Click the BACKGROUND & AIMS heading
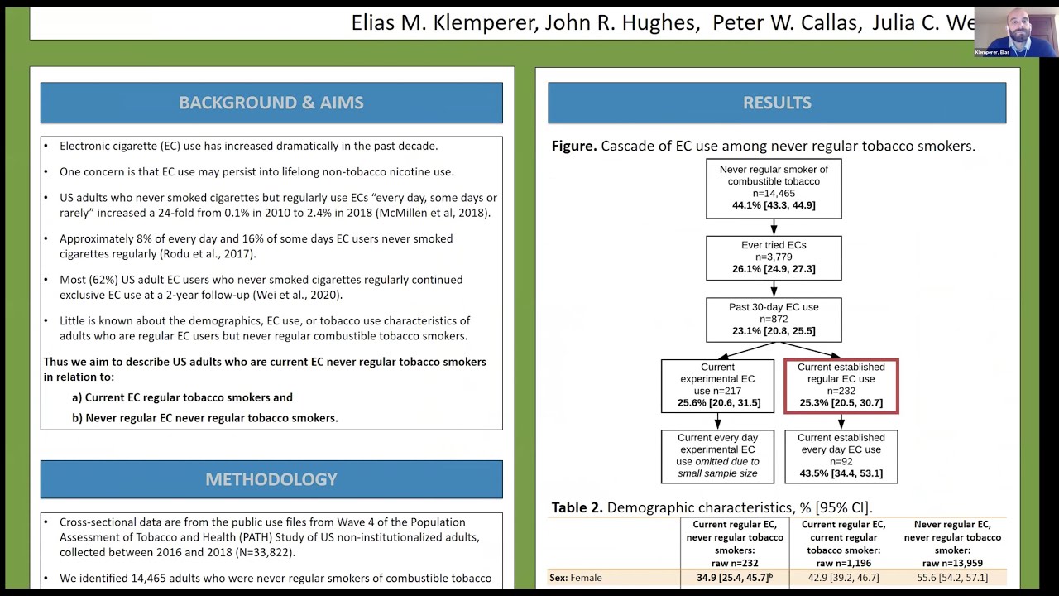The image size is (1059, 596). point(271,103)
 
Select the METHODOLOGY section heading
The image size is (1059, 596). point(271,479)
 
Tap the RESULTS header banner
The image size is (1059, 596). point(777,103)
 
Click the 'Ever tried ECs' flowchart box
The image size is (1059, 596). point(774,257)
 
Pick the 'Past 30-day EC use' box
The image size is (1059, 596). point(774,320)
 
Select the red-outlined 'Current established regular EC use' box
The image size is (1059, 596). point(841,386)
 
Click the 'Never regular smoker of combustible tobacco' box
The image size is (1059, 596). point(774,188)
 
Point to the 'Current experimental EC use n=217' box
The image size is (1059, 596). point(717,386)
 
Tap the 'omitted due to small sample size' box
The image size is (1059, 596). point(717,456)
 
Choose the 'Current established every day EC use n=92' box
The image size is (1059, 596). point(841,456)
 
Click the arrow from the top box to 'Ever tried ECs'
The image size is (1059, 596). point(774,227)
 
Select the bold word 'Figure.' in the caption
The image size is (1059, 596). point(574,147)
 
